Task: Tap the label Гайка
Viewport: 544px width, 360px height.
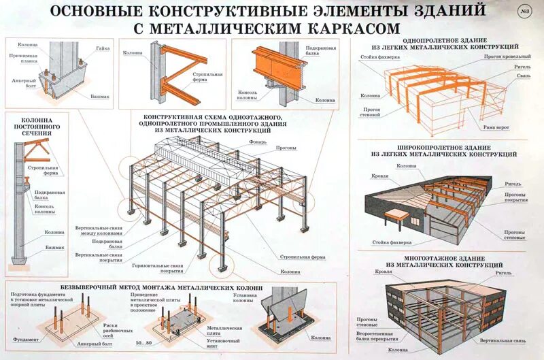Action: [x=103, y=48]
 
